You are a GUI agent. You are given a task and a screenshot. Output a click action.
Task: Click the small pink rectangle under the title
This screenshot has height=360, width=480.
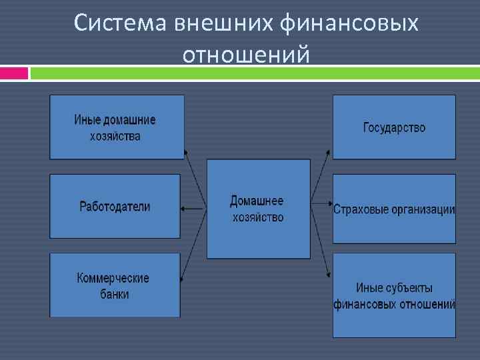(x=14, y=73)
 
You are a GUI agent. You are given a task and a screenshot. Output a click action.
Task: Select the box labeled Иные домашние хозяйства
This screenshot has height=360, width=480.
(x=117, y=127)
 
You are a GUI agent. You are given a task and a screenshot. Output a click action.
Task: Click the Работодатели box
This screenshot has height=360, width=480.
(x=115, y=206)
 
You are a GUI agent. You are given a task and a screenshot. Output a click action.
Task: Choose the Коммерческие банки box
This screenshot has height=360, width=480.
(x=115, y=285)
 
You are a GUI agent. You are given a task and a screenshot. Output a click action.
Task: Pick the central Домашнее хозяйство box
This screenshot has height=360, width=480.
(x=258, y=209)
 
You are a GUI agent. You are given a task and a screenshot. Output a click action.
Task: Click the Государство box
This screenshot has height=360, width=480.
(x=394, y=127)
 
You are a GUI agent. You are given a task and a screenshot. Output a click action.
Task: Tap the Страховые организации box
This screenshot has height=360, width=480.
(x=394, y=209)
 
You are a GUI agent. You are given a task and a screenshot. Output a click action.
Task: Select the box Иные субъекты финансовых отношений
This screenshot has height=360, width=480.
(x=394, y=295)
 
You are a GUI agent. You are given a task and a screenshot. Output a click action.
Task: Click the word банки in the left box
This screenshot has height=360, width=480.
(x=115, y=294)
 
